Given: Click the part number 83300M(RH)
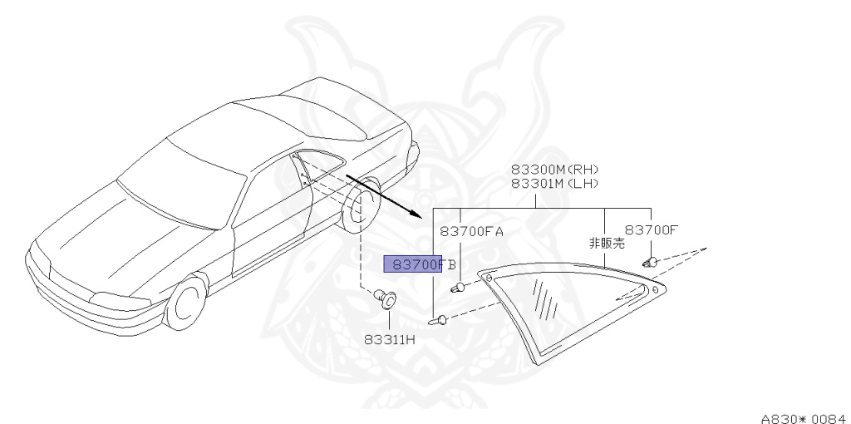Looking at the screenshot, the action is pyautogui.click(x=554, y=170).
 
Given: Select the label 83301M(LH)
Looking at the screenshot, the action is pyautogui.click(x=554, y=184).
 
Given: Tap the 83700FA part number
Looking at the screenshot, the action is pyautogui.click(x=471, y=231).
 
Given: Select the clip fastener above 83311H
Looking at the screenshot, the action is pyautogui.click(x=386, y=298).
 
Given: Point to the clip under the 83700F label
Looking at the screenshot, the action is pyautogui.click(x=651, y=263).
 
